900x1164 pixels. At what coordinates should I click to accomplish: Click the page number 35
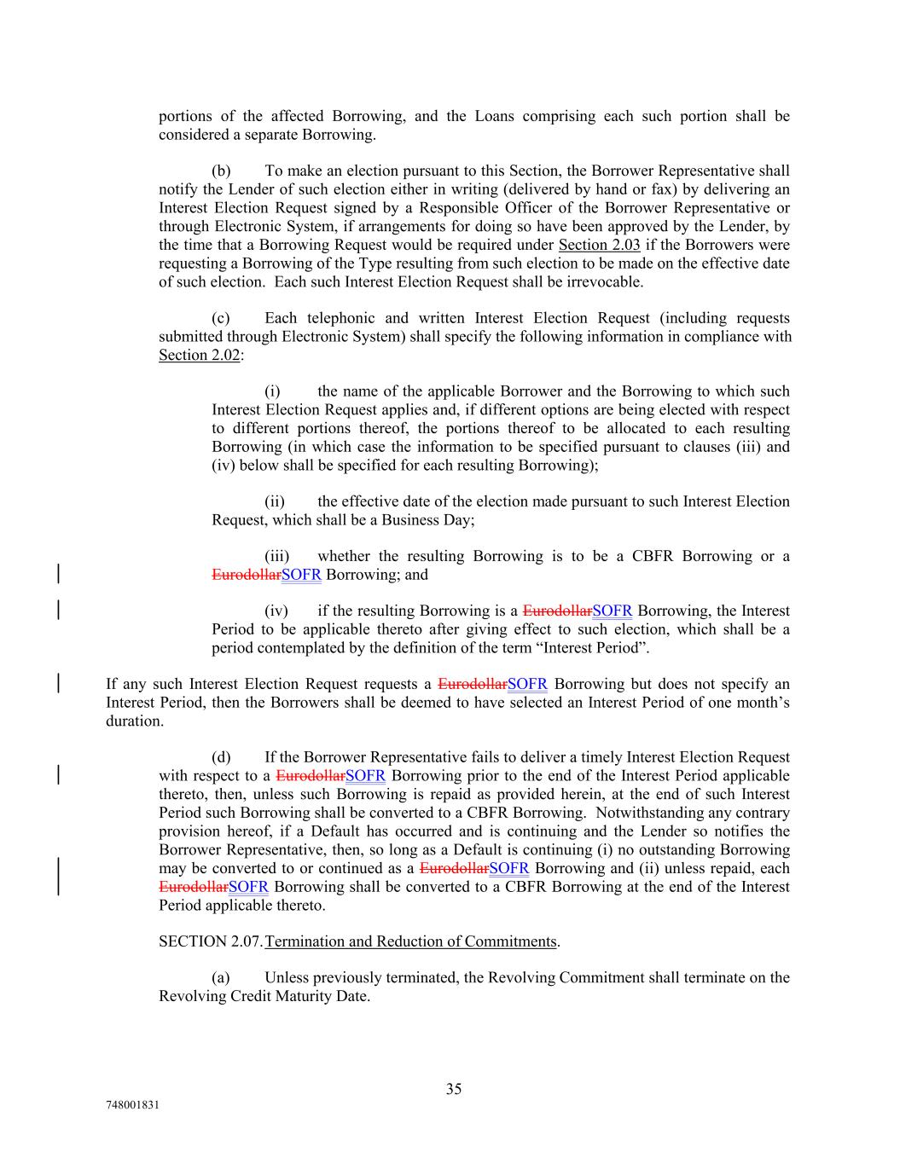[x=454, y=1089]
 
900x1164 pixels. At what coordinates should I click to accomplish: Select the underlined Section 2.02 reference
[x=199, y=355]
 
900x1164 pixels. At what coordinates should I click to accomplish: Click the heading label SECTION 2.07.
[x=211, y=941]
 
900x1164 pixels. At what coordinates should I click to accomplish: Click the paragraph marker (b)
[x=221, y=171]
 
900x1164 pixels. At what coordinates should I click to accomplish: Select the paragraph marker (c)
[x=221, y=318]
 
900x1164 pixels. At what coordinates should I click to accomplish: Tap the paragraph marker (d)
[x=221, y=757]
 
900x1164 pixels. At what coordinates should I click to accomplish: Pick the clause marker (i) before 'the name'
[x=272, y=391]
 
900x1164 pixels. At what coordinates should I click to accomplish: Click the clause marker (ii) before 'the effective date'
[x=274, y=501]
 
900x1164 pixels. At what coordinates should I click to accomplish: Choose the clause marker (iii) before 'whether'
[x=276, y=556]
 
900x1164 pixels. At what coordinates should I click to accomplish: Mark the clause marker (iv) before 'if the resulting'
[x=276, y=611]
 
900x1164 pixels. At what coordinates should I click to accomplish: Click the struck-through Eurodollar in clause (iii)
[x=246, y=575]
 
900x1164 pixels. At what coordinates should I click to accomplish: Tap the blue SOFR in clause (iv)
[x=613, y=611]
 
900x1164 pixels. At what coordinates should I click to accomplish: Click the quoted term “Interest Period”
[x=596, y=647]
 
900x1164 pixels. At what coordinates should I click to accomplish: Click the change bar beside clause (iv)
[x=57, y=611]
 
